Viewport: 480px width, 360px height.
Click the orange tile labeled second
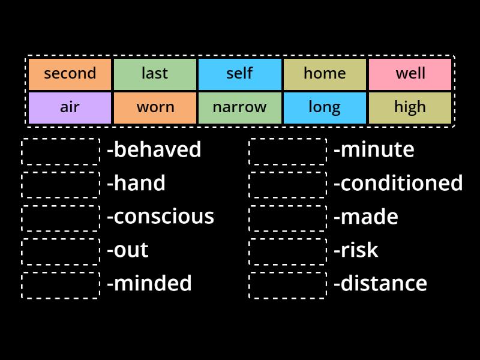[70, 74]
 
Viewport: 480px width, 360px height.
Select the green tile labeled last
[155, 74]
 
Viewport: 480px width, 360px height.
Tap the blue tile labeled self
[240, 74]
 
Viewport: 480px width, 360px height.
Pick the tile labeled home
[325, 74]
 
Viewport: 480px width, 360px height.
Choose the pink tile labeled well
[410, 74]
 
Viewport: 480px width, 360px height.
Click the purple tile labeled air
[70, 107]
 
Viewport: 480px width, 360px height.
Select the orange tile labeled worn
[155, 107]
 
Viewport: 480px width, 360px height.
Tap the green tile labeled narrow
[240, 107]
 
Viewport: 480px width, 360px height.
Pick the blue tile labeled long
[325, 107]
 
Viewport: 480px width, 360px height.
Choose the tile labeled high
[410, 107]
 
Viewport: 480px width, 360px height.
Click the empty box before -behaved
[61, 151]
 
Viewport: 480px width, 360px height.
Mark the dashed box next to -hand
[61, 185]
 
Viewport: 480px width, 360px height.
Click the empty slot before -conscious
[61, 218]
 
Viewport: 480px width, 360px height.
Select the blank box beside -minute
[288, 151]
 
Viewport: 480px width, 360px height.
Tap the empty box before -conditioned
[288, 185]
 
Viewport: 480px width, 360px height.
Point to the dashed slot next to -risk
[288, 252]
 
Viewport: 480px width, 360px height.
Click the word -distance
[380, 283]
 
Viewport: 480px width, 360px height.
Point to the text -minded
[149, 283]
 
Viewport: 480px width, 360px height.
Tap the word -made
[366, 217]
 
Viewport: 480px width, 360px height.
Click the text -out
[128, 250]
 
